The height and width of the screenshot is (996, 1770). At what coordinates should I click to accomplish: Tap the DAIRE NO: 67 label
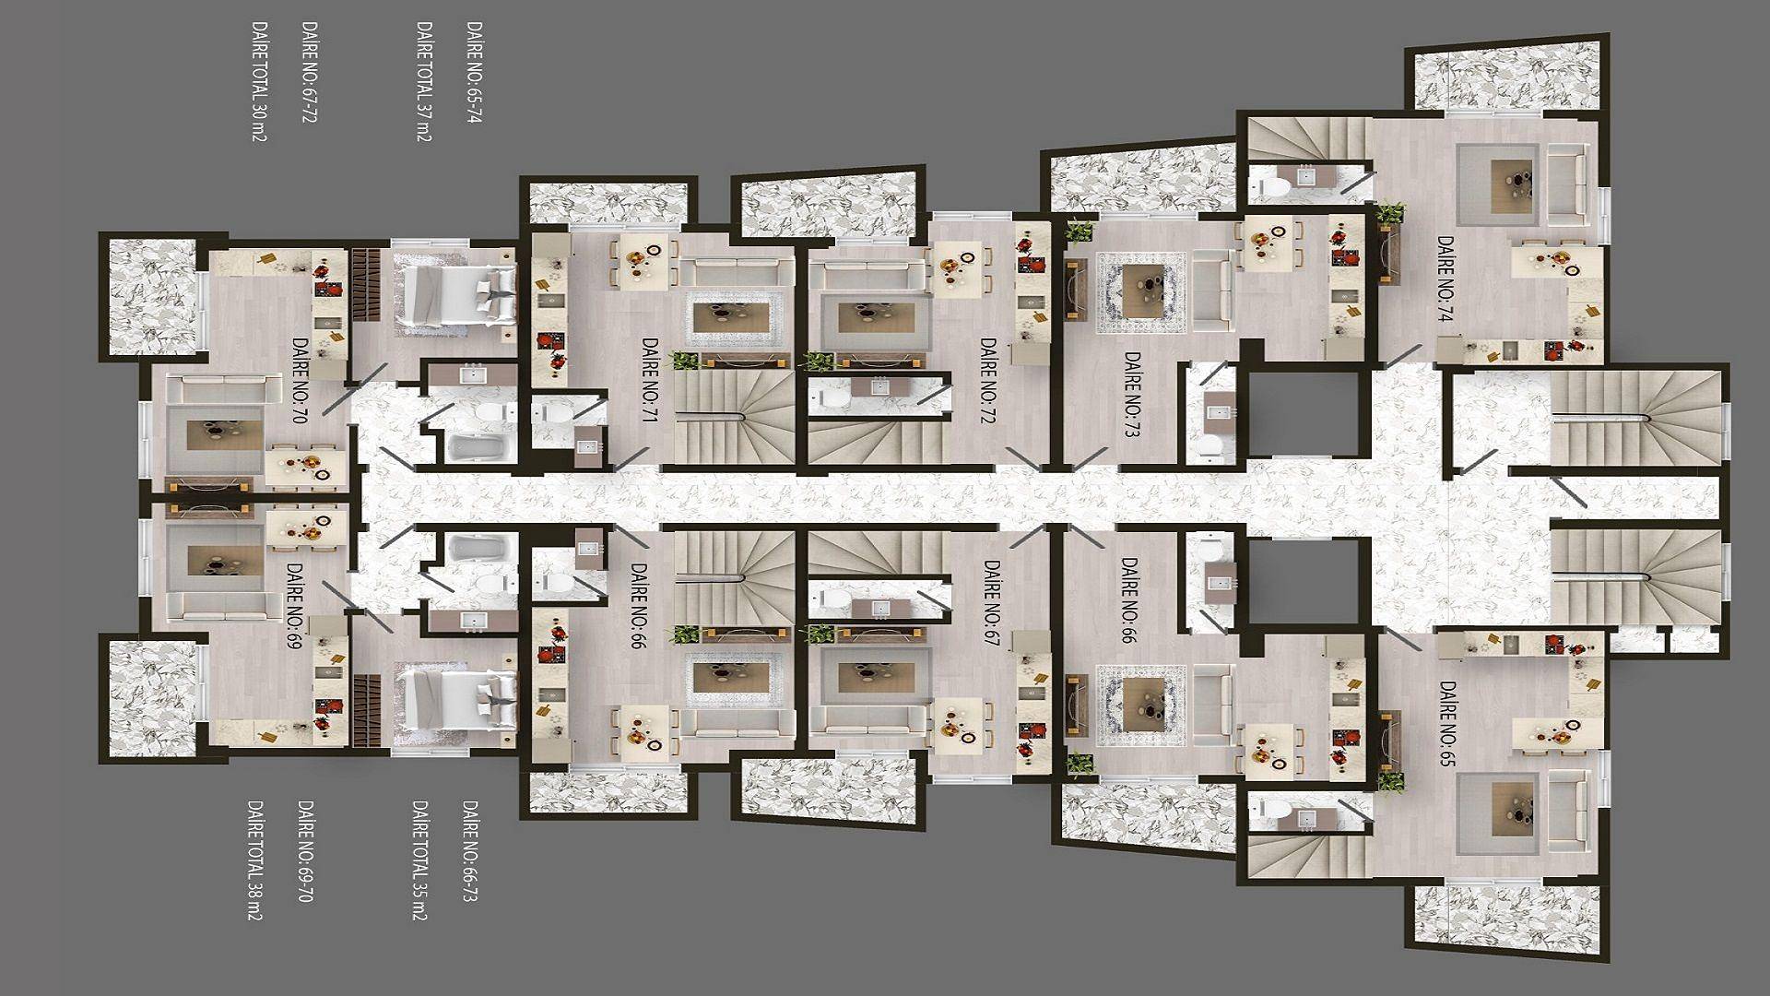992,603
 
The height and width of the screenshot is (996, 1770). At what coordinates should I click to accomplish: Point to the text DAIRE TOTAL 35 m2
419,860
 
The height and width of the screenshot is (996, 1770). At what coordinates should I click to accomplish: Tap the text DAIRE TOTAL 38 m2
254,860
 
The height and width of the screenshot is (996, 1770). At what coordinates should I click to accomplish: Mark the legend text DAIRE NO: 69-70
305,850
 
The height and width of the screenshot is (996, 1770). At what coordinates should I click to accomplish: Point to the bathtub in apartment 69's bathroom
477,549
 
